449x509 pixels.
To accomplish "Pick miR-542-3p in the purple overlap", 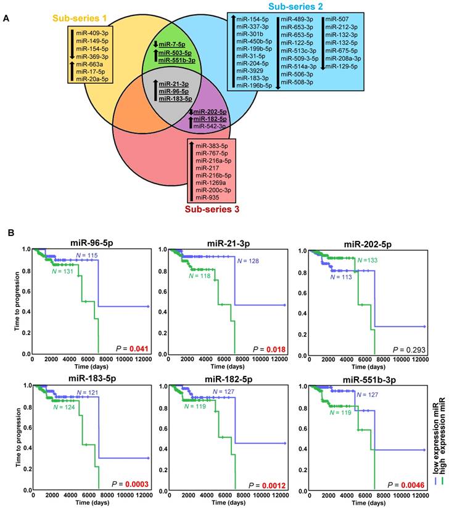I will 209,126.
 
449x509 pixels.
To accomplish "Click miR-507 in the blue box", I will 336,20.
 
